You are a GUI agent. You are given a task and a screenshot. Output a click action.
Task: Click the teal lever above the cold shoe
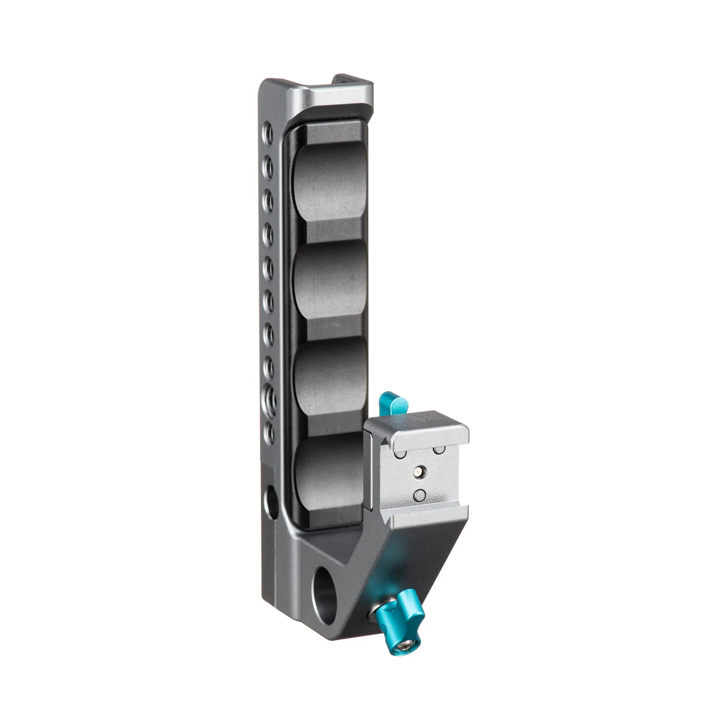[392, 402]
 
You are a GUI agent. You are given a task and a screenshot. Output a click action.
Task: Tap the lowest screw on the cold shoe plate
[420, 495]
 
